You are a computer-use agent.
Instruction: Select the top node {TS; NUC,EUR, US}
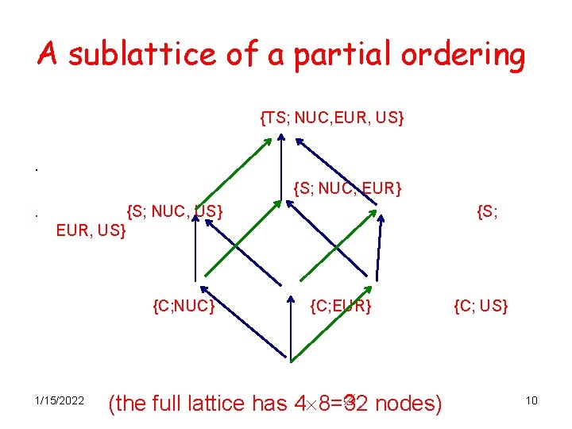pos(332,118)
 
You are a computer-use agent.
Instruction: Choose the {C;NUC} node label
pos(184,304)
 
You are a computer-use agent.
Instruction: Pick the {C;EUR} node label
pos(341,304)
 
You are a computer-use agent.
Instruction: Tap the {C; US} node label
pos(481,304)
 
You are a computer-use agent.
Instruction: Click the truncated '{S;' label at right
pos(488,211)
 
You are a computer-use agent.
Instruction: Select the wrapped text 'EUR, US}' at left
pos(91,232)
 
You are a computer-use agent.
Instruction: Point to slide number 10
pos(531,400)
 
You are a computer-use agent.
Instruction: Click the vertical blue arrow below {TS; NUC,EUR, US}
pos(280,170)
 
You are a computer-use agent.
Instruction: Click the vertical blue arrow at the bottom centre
pos(292,338)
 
